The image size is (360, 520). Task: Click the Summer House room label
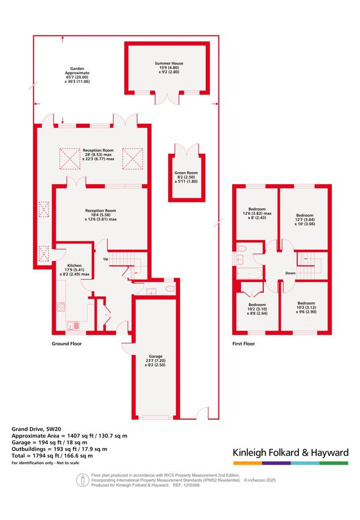coord(169,67)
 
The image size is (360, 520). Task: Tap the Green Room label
coord(186,177)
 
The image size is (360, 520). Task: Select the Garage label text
coord(155,360)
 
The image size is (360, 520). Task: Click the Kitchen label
coord(75,270)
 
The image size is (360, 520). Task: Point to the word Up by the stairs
coord(106,259)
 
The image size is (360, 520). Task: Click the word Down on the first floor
coord(291,273)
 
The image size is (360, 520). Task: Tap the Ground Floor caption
coord(66,344)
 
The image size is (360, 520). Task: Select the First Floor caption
coord(244,344)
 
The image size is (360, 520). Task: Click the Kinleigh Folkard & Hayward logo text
coord(291,453)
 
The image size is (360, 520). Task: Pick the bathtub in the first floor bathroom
coord(249,274)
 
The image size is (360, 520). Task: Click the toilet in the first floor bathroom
coord(241,248)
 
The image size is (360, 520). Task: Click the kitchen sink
coord(73,326)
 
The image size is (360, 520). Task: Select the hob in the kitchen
coord(61,307)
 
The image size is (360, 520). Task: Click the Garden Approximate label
coord(77,75)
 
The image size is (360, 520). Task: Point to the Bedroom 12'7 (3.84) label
coord(305,219)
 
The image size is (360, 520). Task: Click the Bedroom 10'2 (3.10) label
coord(257,309)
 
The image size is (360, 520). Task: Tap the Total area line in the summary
coord(52,456)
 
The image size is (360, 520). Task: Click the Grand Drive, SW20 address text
coord(36,429)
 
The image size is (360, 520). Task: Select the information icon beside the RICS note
coord(83,480)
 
